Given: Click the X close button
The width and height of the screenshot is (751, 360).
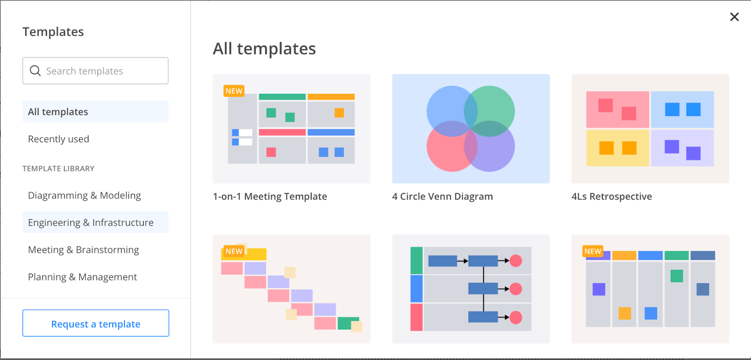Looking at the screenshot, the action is tap(734, 17).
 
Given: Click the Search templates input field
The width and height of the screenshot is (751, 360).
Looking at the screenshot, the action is tap(103, 71).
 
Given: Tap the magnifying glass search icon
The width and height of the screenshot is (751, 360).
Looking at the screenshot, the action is tap(35, 71).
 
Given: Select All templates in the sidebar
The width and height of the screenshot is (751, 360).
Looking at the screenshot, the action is tap(58, 112).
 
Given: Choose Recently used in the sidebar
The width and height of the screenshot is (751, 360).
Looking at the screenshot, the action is tap(59, 139).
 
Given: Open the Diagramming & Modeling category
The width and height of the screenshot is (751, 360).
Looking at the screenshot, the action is tap(84, 195).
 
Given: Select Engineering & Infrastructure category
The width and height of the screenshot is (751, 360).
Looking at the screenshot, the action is tap(91, 222).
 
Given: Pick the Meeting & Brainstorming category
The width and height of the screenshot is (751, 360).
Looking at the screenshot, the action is tap(84, 250).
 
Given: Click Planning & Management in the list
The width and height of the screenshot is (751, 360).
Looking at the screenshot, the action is tap(83, 277).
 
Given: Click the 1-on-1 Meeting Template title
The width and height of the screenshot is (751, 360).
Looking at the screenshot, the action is tap(270, 196).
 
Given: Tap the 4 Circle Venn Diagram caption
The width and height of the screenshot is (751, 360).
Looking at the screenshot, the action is tap(442, 196).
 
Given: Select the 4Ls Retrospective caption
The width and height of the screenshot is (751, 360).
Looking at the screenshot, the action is tap(612, 196).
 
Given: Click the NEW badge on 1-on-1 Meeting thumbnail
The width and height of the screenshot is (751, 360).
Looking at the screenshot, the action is tap(234, 91).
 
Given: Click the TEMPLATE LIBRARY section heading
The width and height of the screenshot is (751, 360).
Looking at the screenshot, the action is tap(59, 169).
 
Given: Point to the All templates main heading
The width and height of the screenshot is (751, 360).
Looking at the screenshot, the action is tap(264, 49).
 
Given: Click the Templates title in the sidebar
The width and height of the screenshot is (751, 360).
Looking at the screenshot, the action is tap(53, 32).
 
